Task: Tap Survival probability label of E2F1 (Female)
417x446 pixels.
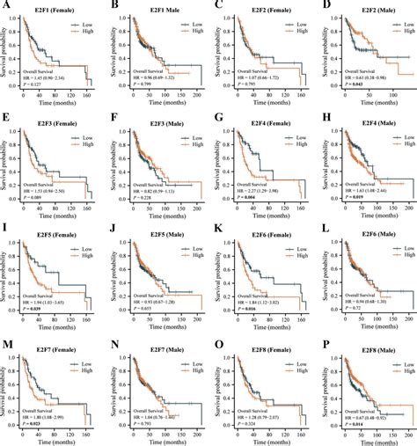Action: pos(7,53)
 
